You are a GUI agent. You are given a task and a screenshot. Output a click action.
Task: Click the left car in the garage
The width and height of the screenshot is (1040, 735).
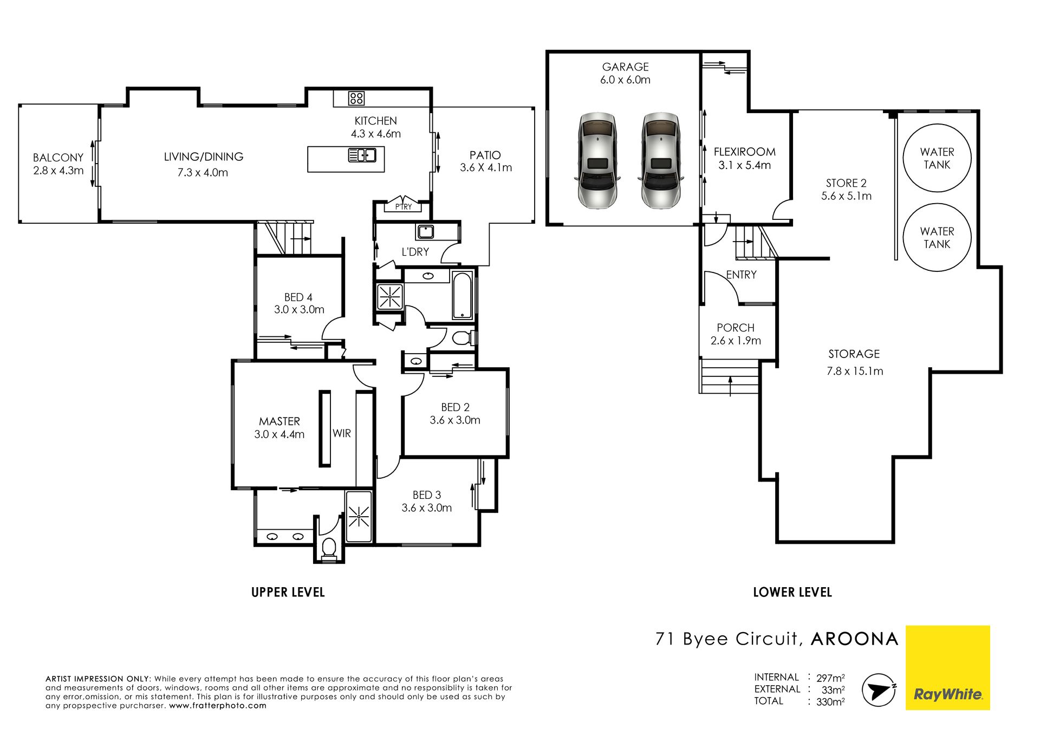(597, 161)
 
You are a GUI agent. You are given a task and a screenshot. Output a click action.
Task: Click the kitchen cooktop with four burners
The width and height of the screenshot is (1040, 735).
(356, 98)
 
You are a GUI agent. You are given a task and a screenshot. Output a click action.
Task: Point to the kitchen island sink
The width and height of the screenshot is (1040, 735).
(362, 155)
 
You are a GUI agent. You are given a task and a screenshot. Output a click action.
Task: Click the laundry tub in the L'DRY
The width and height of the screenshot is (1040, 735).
(425, 231)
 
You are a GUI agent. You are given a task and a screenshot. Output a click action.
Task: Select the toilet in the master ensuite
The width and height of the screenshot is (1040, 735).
(329, 548)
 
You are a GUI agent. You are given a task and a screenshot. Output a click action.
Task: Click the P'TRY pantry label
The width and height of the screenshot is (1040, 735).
(404, 206)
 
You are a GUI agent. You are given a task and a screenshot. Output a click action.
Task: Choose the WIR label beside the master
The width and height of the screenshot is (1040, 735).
(342, 433)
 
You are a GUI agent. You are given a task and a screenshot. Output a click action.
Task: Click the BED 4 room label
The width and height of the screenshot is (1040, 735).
(298, 297)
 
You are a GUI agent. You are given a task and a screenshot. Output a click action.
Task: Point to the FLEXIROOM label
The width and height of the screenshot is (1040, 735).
(744, 152)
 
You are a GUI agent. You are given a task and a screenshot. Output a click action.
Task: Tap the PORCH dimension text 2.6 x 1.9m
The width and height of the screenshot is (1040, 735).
(736, 341)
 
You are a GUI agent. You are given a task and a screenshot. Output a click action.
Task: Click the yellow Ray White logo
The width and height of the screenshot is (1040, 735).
(948, 667)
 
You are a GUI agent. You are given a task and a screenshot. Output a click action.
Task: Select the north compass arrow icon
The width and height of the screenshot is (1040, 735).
(878, 690)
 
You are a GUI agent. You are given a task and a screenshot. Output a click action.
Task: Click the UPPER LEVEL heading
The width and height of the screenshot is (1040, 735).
(288, 592)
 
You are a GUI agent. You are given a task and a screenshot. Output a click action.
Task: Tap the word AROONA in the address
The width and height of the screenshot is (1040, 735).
(855, 639)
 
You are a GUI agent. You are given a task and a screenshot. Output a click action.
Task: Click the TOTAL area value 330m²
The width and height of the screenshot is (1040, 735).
(830, 702)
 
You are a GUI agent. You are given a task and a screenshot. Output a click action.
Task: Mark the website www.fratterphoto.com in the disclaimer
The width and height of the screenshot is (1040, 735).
(218, 706)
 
